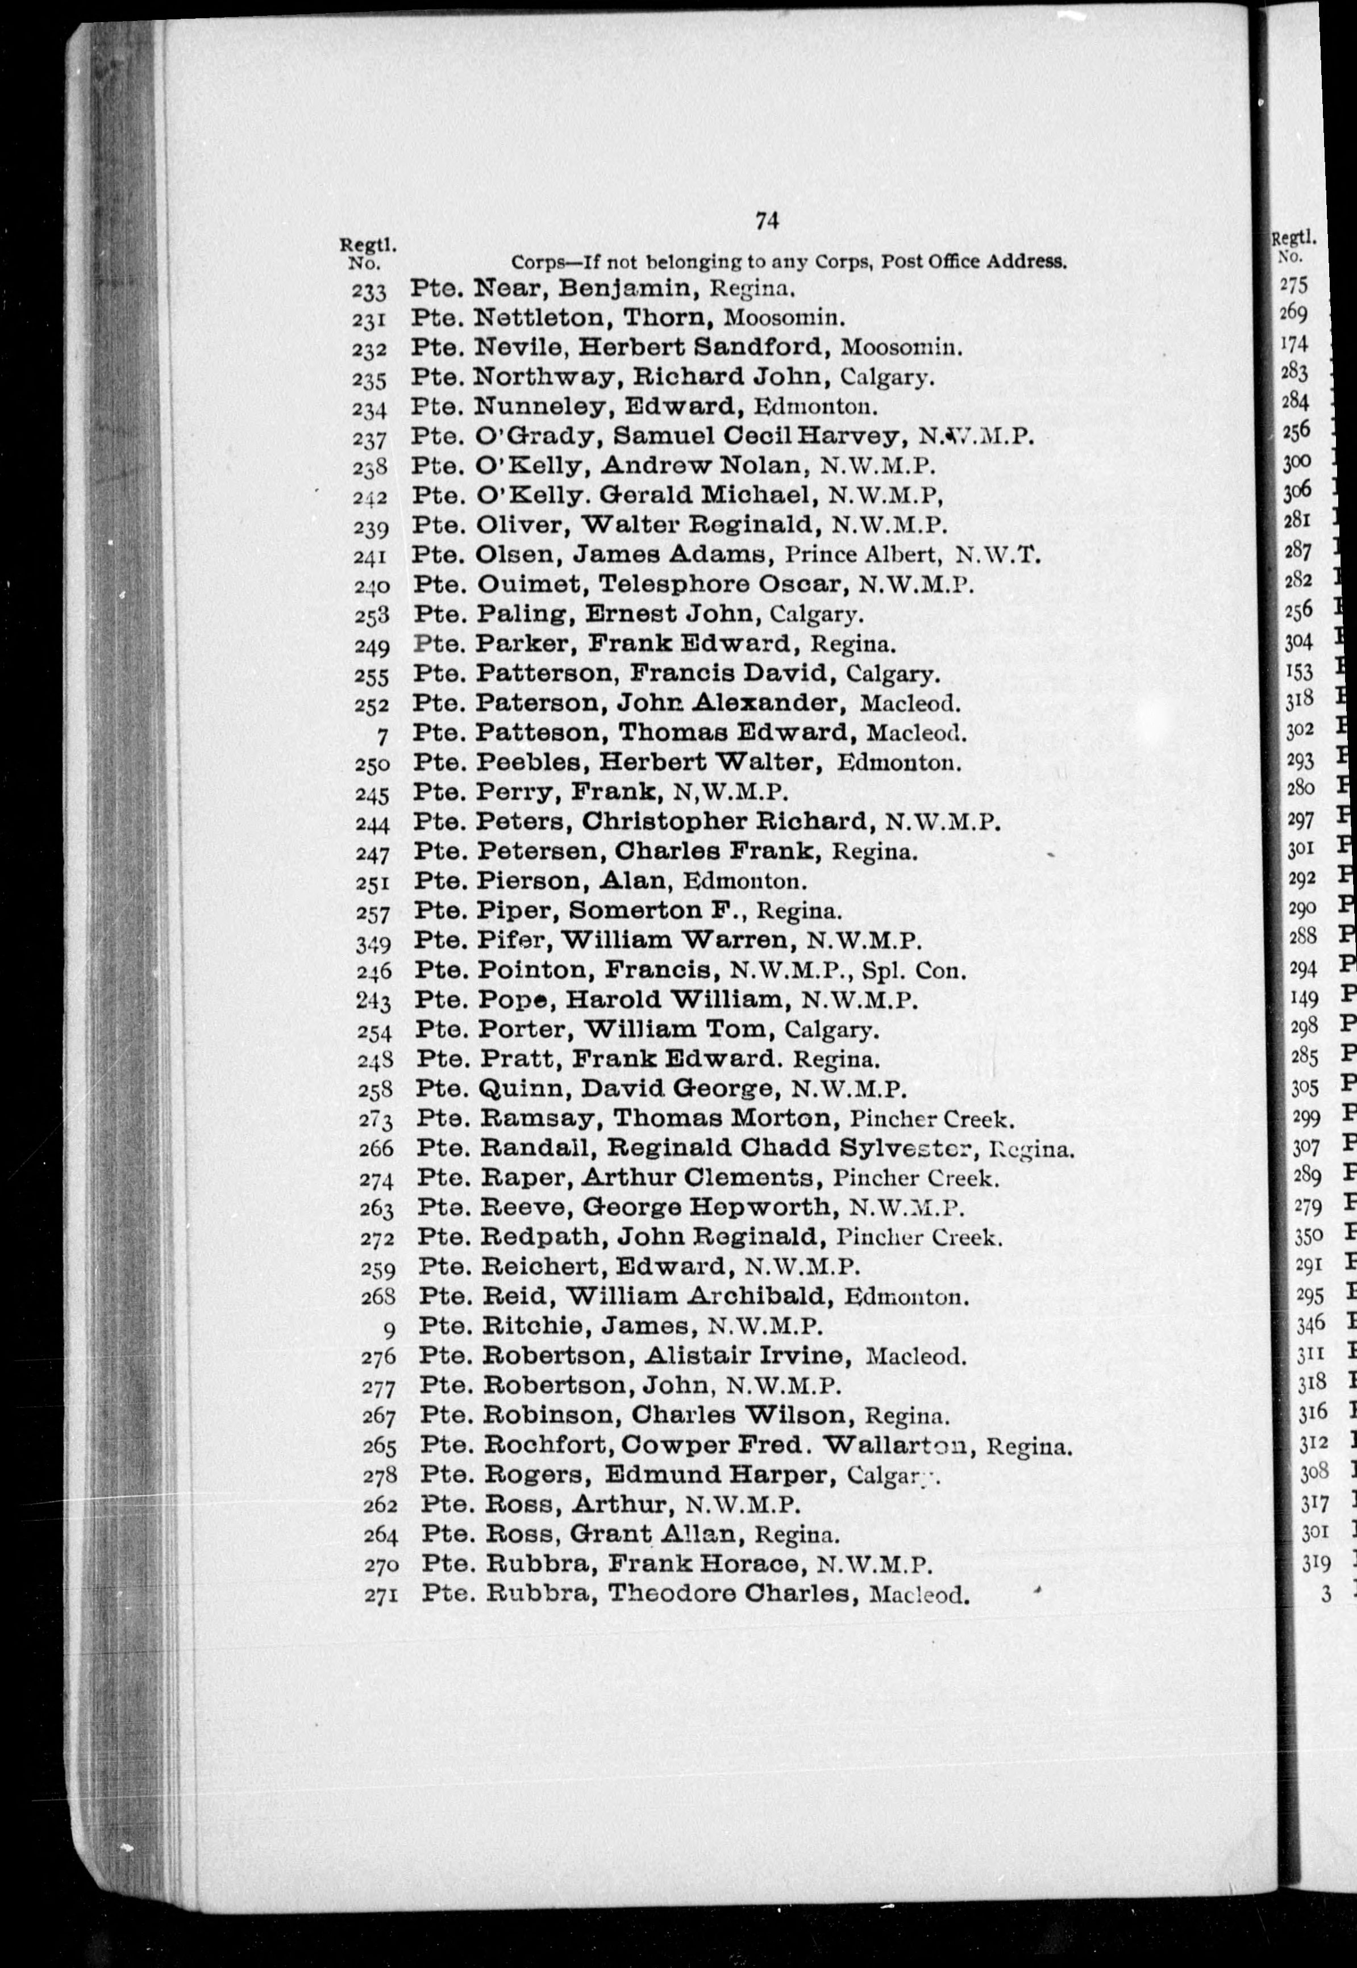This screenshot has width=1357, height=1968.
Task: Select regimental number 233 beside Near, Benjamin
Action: point(368,291)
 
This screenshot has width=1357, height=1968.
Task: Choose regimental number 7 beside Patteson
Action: point(382,735)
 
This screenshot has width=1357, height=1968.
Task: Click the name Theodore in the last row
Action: point(659,1594)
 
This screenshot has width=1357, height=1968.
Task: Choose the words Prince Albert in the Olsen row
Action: point(862,555)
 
